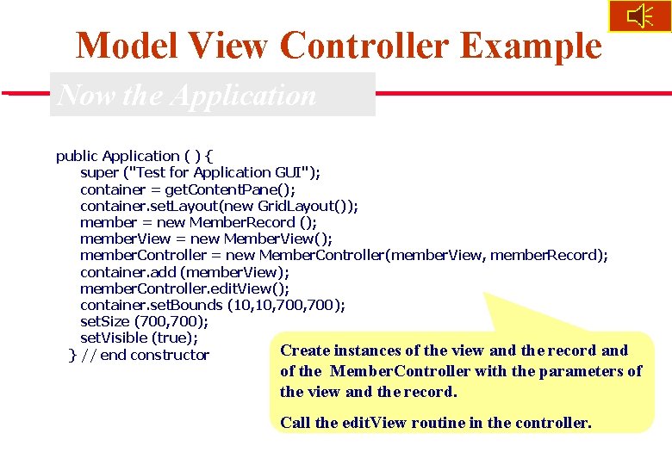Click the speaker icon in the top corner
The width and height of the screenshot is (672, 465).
coord(639,16)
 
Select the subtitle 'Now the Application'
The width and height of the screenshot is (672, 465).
coord(187,95)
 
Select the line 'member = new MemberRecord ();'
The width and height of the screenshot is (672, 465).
coord(198,222)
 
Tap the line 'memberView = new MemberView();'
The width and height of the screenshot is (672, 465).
coord(206,239)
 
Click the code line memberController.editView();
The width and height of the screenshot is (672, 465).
coord(184,288)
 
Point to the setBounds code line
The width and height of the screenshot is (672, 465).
coord(213,305)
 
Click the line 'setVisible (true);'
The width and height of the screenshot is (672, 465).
coord(139,338)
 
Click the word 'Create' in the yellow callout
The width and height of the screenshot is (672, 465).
coord(304,350)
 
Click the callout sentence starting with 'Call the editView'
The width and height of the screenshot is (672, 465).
coord(436,422)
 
